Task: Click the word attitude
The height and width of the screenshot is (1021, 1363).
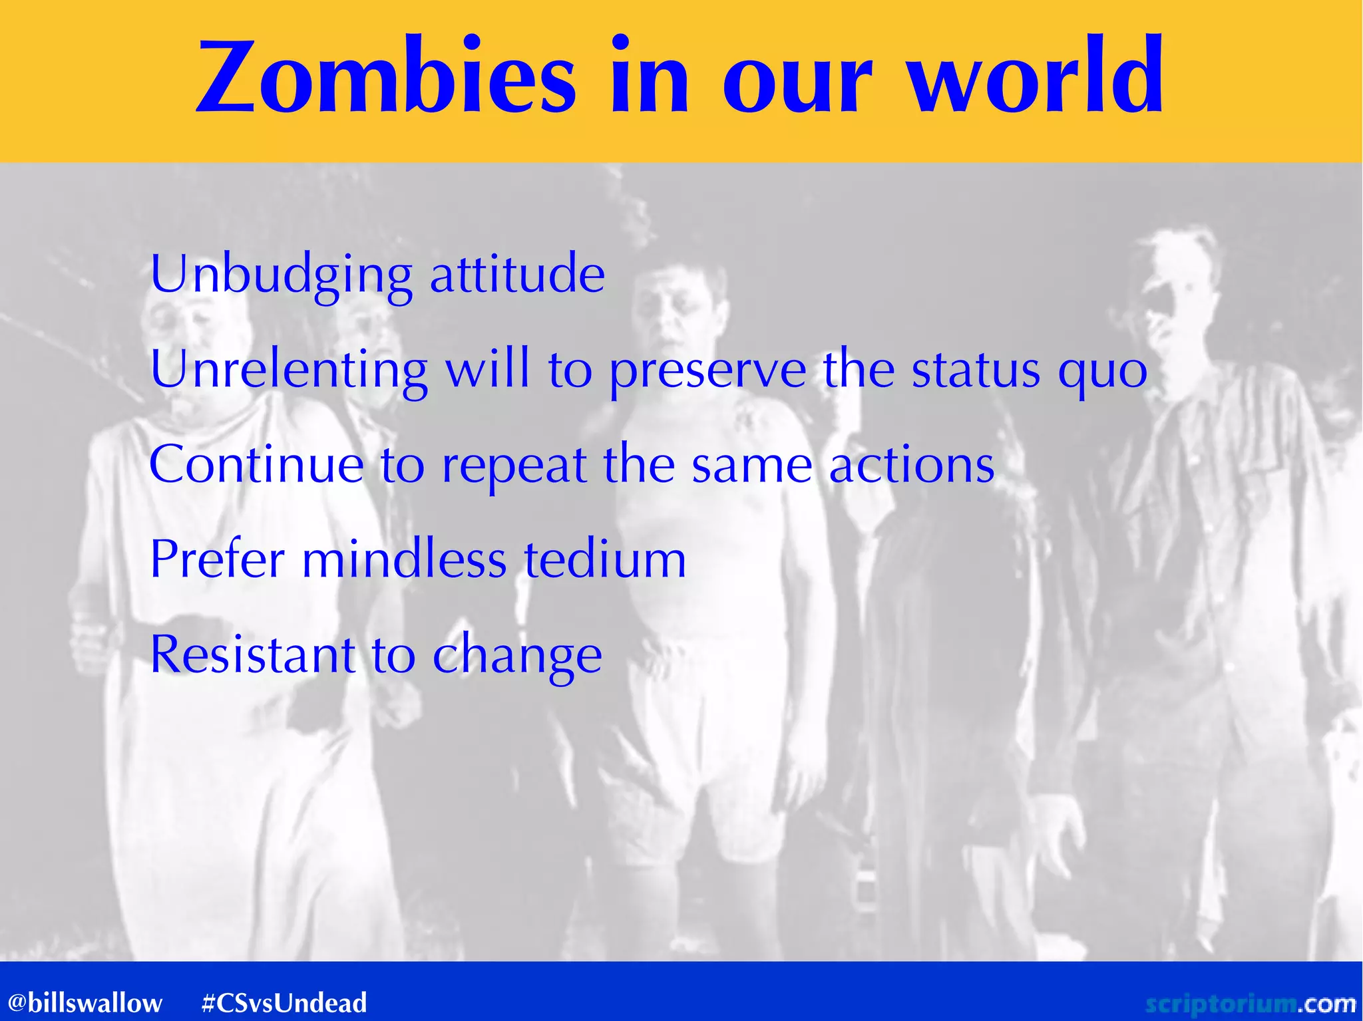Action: pos(517,274)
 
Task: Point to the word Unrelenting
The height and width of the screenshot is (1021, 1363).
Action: pos(289,369)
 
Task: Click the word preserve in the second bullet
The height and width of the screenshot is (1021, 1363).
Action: pos(707,369)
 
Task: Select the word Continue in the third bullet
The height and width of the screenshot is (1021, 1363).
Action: pos(256,464)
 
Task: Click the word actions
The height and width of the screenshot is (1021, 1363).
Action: pos(911,464)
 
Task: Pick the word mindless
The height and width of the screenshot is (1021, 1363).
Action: pos(405,559)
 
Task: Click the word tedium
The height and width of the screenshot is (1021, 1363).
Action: pos(605,559)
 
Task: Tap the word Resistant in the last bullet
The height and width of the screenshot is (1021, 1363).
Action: pos(252,655)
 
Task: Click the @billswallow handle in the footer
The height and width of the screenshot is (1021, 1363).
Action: pos(85,1002)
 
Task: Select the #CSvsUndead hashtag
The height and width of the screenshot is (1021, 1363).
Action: pos(284,1002)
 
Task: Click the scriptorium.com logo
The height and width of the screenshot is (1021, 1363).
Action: pos(1249,1002)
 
